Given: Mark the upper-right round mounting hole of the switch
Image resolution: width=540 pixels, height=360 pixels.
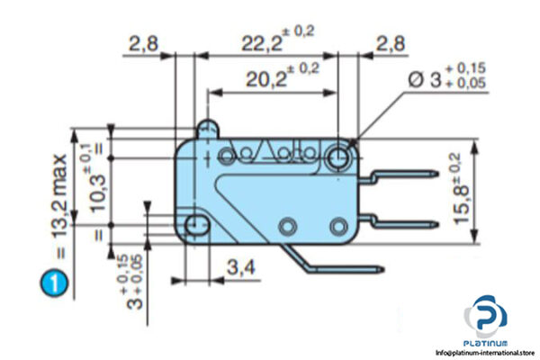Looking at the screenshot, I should coord(340,157).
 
